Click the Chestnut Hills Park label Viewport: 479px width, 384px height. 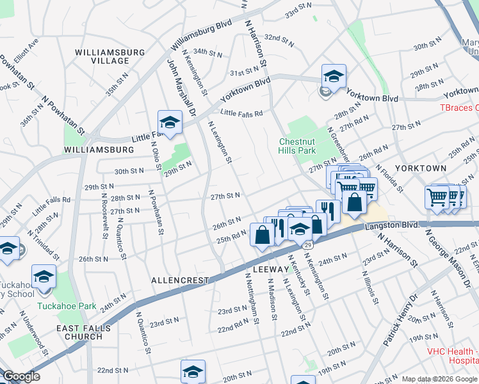click(x=298, y=145)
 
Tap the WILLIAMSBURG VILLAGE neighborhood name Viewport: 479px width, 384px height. click(x=102, y=56)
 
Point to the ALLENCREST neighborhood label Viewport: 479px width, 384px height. click(x=180, y=280)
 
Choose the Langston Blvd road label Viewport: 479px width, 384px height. click(x=391, y=226)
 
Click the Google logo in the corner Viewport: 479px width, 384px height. click(x=20, y=376)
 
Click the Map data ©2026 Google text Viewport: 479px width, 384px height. click(x=439, y=379)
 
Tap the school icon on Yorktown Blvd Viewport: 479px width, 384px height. click(x=334, y=77)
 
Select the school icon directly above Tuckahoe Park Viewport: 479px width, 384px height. click(x=44, y=278)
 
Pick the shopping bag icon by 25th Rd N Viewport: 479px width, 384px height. click(x=262, y=234)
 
